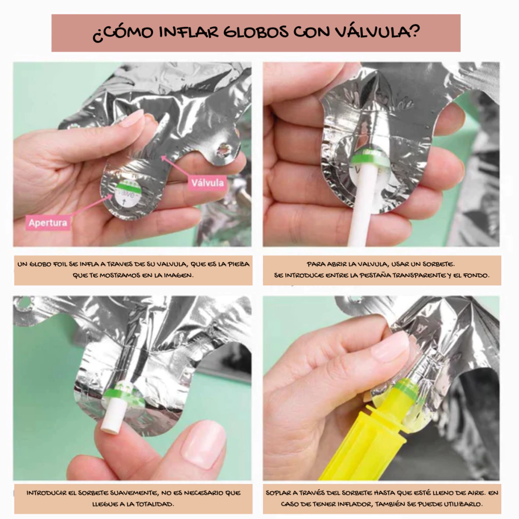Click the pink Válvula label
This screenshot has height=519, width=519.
pos(207,182)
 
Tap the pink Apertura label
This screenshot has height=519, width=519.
pos(48,223)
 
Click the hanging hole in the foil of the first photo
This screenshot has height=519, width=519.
pos(224,151)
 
